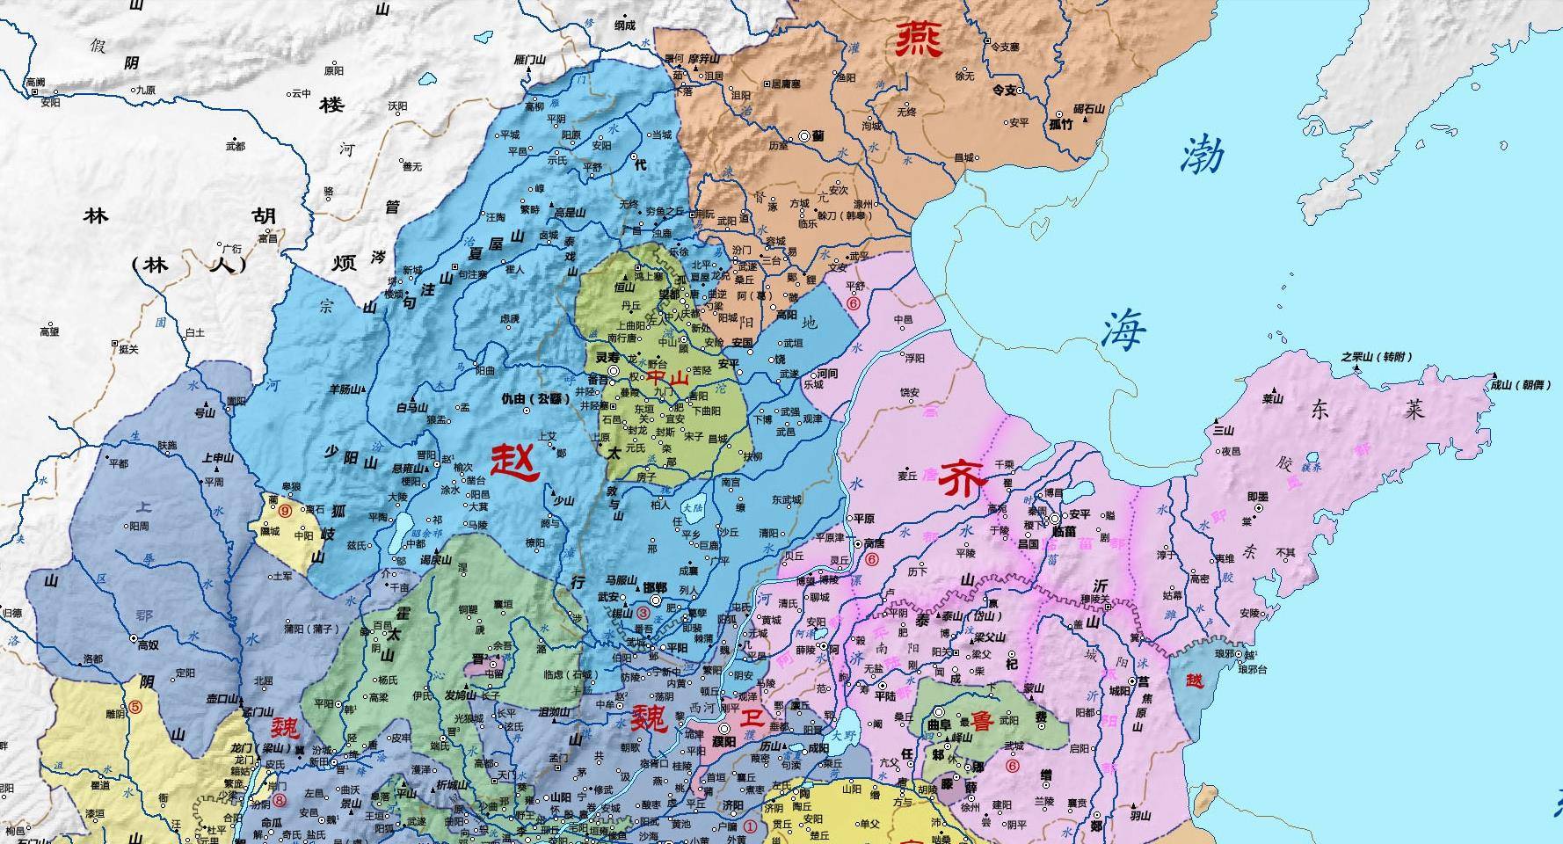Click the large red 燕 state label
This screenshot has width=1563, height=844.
click(x=920, y=39)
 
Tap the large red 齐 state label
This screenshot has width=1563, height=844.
click(x=963, y=480)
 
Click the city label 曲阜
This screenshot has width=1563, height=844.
click(x=940, y=725)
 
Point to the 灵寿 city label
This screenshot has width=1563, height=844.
click(x=607, y=359)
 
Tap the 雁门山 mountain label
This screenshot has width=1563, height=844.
click(x=530, y=59)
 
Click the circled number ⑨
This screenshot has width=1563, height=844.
click(x=285, y=509)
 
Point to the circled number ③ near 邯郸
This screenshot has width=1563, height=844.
click(x=643, y=613)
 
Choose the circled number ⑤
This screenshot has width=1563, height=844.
click(x=134, y=706)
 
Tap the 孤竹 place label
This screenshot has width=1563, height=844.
click(x=1062, y=124)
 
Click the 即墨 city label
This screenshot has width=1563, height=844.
click(x=1258, y=497)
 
